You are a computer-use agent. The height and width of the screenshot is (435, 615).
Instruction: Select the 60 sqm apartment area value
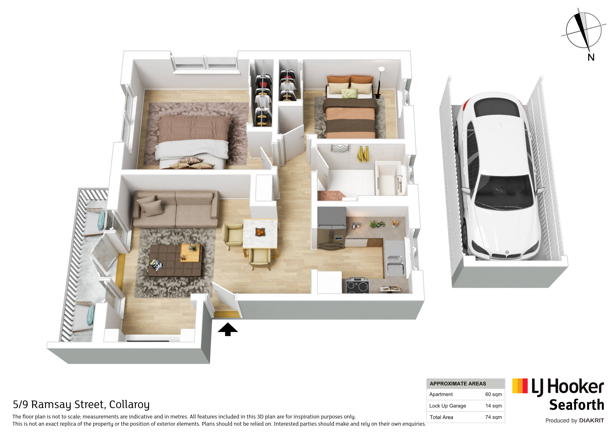(493, 394)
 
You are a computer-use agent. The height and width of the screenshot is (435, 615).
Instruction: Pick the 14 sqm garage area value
(493, 406)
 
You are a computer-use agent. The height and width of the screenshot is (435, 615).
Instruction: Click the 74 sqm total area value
(493, 417)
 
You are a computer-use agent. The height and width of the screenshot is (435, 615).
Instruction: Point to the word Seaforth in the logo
(576, 405)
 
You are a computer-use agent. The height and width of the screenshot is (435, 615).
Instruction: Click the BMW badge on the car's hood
(507, 252)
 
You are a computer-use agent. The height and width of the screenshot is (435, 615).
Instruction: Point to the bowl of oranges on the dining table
(259, 232)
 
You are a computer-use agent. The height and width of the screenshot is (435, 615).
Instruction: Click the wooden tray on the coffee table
(190, 253)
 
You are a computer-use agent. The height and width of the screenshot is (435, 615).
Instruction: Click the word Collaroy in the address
(129, 405)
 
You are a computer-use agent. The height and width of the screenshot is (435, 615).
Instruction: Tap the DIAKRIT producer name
(592, 420)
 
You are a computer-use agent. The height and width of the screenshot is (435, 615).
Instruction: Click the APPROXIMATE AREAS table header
(458, 384)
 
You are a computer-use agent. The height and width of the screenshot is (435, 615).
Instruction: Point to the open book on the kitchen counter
(390, 289)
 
